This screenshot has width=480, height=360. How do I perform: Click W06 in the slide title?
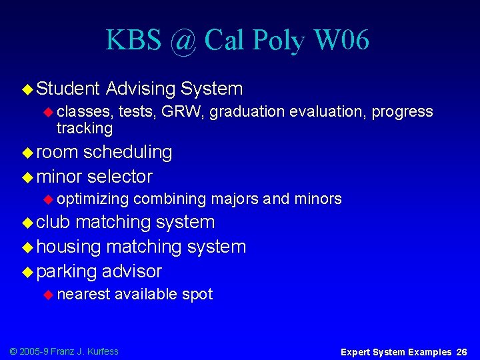point(341,41)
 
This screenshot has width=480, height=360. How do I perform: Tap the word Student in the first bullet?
point(68,89)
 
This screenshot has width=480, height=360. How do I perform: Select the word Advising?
point(140,89)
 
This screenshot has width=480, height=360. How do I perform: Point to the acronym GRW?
point(182,112)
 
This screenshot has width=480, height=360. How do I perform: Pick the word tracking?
point(85,128)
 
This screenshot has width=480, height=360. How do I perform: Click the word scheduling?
point(127,152)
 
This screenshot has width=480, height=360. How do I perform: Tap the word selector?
point(119,177)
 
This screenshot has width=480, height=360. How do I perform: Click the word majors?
point(235,199)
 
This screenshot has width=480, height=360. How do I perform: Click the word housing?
point(69,247)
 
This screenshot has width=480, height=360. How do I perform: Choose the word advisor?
point(131,271)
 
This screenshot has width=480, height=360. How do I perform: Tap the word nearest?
point(83,294)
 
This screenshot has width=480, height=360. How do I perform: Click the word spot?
point(197,294)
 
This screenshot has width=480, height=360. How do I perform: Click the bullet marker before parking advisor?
point(27,272)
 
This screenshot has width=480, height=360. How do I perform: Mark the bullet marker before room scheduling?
point(27,153)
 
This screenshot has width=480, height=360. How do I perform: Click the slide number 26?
point(462,351)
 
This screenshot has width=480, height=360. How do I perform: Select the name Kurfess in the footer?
point(102,351)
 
